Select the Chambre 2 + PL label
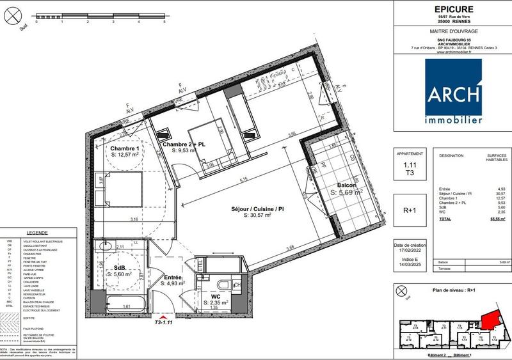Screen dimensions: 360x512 [184, 145]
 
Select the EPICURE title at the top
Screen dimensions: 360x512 [452, 10]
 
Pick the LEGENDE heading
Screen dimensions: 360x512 [38, 234]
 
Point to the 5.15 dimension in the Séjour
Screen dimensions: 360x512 [243, 181]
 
